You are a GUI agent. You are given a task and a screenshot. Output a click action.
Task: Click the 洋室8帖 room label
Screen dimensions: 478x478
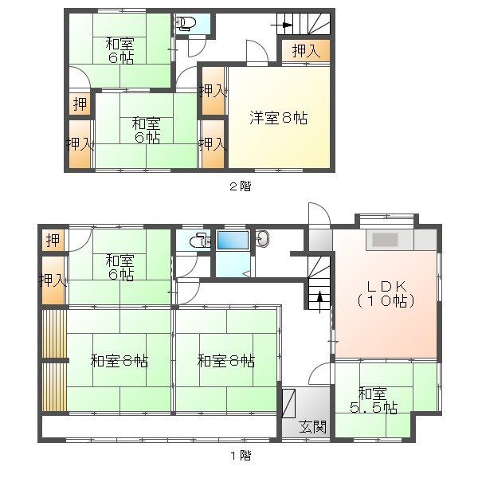click(x=279, y=118)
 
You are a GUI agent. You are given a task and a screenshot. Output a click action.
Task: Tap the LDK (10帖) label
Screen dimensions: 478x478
click(x=386, y=294)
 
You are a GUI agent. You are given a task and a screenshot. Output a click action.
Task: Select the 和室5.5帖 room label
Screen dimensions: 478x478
click(x=374, y=400)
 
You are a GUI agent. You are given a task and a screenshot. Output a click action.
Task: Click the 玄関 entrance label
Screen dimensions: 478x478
click(x=312, y=427)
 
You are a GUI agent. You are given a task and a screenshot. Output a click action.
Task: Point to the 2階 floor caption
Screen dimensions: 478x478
click(x=241, y=186)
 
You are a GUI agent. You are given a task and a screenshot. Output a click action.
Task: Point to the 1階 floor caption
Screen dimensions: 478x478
click(x=241, y=456)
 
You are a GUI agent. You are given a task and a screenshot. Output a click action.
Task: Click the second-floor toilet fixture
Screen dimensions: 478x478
click(x=185, y=23)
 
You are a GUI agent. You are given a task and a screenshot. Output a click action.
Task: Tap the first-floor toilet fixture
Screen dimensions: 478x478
click(x=200, y=241)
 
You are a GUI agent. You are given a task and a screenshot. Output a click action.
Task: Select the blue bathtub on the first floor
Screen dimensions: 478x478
click(x=233, y=241)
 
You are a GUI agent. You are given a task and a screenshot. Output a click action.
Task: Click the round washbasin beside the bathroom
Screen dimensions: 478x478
click(x=263, y=238)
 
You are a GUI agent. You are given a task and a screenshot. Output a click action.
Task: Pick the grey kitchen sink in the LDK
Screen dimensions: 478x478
click(x=385, y=240)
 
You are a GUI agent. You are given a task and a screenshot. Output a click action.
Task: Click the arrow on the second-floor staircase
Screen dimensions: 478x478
click(x=282, y=25)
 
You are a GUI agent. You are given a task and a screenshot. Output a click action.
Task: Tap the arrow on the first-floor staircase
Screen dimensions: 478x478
click(x=319, y=302)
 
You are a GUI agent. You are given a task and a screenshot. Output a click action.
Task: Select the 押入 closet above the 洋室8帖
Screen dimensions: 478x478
click(x=306, y=51)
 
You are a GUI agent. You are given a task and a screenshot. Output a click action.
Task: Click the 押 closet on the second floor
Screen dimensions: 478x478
click(x=80, y=104)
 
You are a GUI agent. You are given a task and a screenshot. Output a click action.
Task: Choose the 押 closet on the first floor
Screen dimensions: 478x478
click(x=53, y=241)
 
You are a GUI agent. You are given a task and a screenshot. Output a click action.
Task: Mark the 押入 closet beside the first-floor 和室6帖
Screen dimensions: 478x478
click(x=53, y=280)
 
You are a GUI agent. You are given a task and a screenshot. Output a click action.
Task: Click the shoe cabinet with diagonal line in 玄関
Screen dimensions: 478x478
click(x=288, y=403)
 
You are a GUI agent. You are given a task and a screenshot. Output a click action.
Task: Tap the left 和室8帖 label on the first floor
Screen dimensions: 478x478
click(x=119, y=361)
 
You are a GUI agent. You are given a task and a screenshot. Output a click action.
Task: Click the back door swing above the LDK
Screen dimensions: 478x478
click(x=319, y=214)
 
